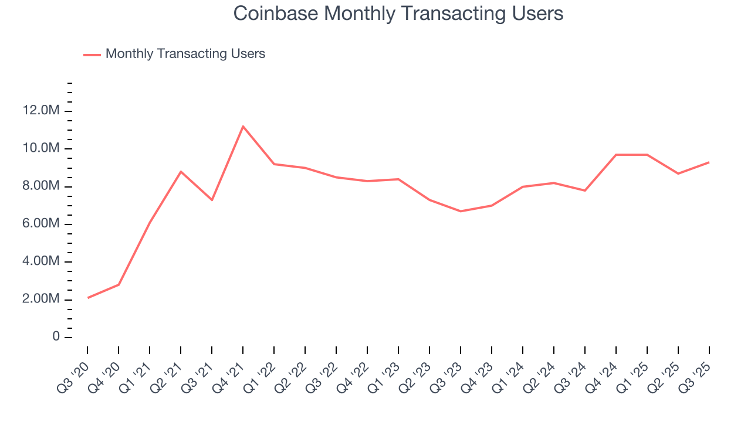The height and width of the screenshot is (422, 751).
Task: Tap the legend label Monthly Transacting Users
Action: pyautogui.click(x=185, y=54)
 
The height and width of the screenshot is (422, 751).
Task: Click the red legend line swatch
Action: pyautogui.click(x=92, y=55)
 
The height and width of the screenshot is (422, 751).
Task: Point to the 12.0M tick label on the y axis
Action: pyautogui.click(x=41, y=111)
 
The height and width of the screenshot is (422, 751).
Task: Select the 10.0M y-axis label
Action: pyautogui.click(x=41, y=148)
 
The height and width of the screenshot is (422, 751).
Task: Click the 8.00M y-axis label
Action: pyautogui.click(x=41, y=186)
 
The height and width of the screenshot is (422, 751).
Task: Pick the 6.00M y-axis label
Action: pyautogui.click(x=41, y=224)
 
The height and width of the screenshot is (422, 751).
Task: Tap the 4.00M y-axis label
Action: pyautogui.click(x=41, y=261)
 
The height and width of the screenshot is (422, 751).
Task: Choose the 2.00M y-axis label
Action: pyautogui.click(x=41, y=300)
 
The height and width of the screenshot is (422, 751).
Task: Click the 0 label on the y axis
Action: pyautogui.click(x=56, y=337)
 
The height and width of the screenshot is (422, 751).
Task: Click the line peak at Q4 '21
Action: pyautogui.click(x=243, y=126)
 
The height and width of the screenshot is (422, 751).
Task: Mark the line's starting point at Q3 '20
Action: pyautogui.click(x=87, y=298)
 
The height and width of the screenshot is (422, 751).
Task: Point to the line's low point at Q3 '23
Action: pyautogui.click(x=461, y=211)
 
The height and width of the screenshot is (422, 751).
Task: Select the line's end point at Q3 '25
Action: pyautogui.click(x=709, y=162)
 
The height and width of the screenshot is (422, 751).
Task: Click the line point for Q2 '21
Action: pyautogui.click(x=181, y=171)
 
